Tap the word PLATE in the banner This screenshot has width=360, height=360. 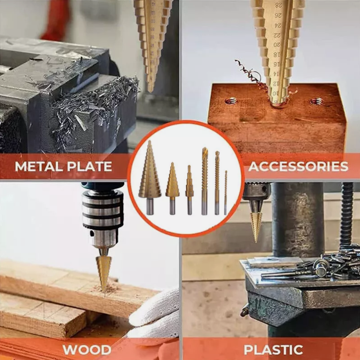(x=89, y=166)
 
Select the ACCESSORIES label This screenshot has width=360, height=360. (x=298, y=166)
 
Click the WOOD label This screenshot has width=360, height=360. (x=87, y=350)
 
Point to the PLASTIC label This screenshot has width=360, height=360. (x=273, y=350)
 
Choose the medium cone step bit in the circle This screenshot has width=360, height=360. (x=172, y=188)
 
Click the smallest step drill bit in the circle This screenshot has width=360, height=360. (x=189, y=190)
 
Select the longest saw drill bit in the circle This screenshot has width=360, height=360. (x=204, y=181)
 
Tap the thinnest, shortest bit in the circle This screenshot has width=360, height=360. (x=226, y=193)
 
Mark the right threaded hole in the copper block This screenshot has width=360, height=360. (x=317, y=101)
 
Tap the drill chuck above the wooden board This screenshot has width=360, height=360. (x=103, y=218)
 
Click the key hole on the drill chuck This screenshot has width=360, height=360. (x=93, y=233)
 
